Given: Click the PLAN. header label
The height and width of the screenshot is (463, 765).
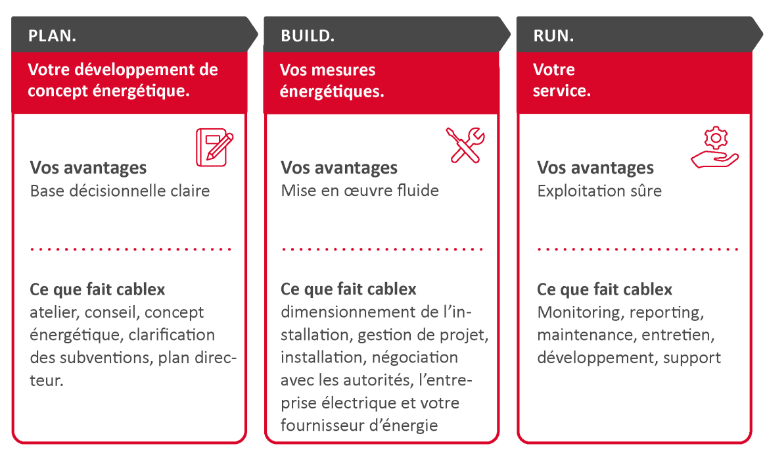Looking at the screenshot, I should [x=52, y=36].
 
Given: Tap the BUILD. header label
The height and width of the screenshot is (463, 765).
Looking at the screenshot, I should [x=308, y=36].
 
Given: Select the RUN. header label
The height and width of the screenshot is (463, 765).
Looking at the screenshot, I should [x=553, y=36].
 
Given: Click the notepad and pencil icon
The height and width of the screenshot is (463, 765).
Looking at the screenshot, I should [x=215, y=147].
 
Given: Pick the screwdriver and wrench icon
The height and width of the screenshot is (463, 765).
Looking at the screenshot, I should [x=465, y=145].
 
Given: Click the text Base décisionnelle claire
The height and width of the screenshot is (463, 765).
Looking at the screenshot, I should [x=120, y=191].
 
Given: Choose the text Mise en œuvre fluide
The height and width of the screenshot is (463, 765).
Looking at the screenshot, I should [x=359, y=191].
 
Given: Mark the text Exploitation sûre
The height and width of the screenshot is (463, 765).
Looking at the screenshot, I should [x=599, y=191].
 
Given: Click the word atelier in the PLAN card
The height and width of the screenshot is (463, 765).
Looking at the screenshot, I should [x=51, y=312].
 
